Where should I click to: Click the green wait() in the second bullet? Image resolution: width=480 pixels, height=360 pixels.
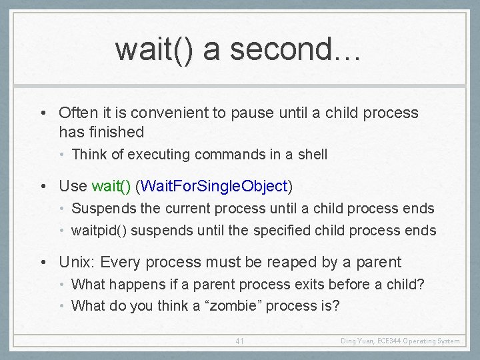pos(111,185)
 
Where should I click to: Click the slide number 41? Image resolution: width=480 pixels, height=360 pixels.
pos(240,341)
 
